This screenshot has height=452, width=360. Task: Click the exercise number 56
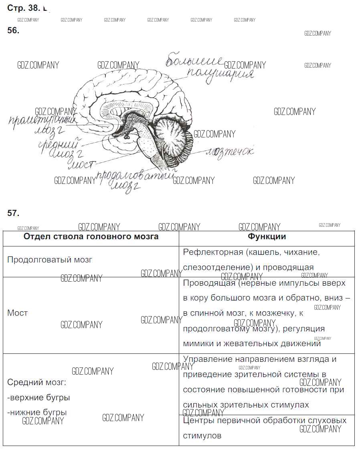pyautogui.click(x=13, y=30)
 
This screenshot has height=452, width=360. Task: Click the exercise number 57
pyautogui.click(x=13, y=213)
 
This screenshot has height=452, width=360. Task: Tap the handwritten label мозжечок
pyautogui.click(x=230, y=152)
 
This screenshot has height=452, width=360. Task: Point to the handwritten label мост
pyautogui.click(x=83, y=164)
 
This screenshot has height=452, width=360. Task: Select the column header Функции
pyautogui.click(x=267, y=236)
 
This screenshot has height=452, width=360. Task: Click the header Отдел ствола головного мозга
pyautogui.click(x=91, y=236)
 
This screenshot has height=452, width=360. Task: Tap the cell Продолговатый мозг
pyautogui.click(x=50, y=260)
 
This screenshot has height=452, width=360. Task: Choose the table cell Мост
pyautogui.click(x=18, y=313)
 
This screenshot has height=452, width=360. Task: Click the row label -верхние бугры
pyautogui.click(x=38, y=398)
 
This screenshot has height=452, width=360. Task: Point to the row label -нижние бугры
pyautogui.click(x=37, y=412)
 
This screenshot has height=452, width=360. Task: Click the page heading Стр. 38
pyautogui.click(x=24, y=8)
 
